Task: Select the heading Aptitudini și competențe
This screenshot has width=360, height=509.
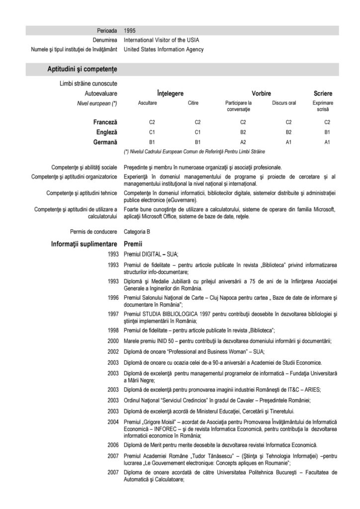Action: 82,69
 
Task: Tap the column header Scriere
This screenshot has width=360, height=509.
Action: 323,93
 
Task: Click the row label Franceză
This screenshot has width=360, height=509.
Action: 105,122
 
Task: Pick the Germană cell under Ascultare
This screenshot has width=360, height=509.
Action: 153,142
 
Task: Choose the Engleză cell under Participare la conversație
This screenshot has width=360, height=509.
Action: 243,132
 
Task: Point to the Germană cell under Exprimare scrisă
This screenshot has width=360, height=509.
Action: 327,142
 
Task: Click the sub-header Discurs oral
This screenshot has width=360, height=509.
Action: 284,103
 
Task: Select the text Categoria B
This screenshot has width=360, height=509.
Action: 137,232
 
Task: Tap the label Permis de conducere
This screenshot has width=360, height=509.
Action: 93,232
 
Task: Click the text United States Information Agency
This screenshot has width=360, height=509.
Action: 164,49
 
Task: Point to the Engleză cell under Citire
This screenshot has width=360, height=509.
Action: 197,132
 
